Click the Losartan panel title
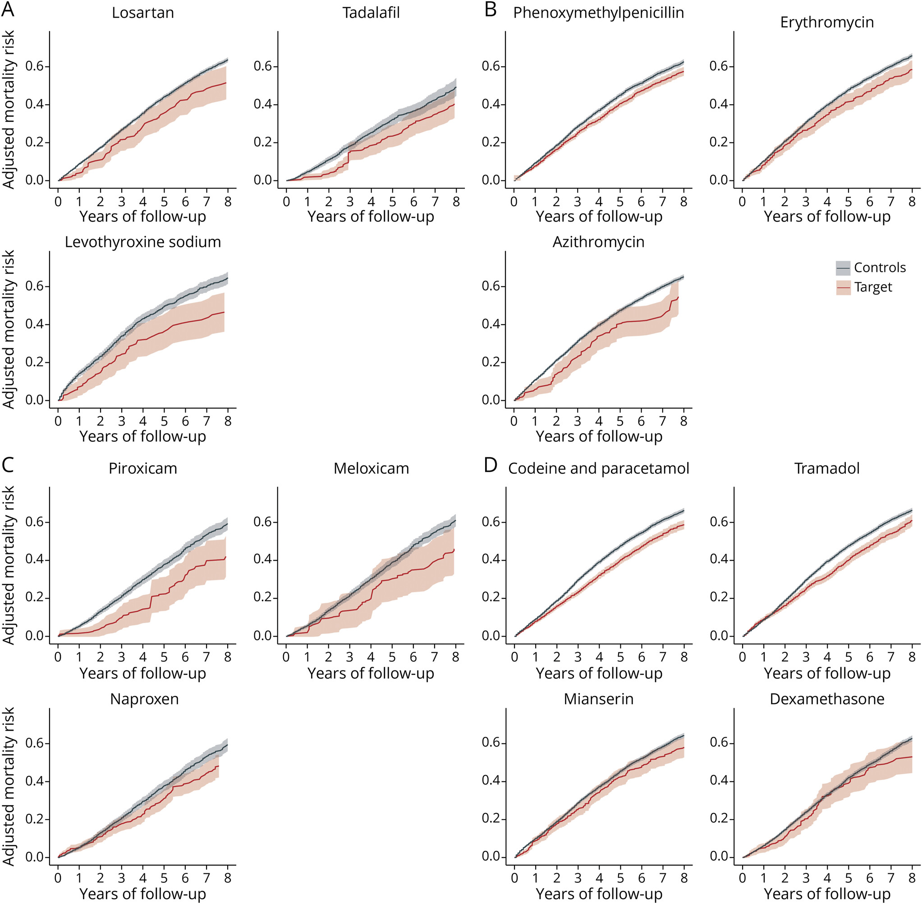tap(143, 13)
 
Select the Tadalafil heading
tap(371, 13)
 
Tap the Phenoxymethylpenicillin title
tap(598, 13)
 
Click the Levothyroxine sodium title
tap(143, 242)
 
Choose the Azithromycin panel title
tap(598, 242)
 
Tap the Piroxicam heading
tap(143, 468)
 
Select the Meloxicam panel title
tap(371, 468)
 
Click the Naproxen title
tap(144, 699)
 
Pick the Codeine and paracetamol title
tap(598, 468)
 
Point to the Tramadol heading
tap(826, 468)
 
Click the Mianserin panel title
tap(598, 699)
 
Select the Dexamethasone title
tap(826, 699)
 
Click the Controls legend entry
tap(879, 268)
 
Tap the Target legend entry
tap(872, 287)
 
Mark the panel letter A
tap(8, 9)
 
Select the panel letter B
tap(491, 9)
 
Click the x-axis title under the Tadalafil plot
tap(371, 217)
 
